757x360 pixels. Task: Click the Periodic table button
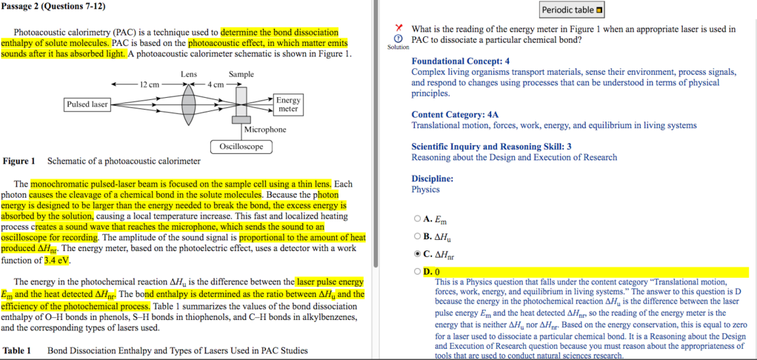pos(573,10)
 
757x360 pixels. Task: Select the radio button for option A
pos(418,219)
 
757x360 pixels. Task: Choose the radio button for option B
pos(418,236)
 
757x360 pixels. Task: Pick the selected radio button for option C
pos(418,254)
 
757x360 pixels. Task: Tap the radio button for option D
pos(418,272)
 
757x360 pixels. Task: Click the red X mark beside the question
pos(398,28)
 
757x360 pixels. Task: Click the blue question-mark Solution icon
pos(398,39)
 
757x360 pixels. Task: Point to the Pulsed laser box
pos(88,104)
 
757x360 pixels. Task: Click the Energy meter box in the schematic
pos(288,104)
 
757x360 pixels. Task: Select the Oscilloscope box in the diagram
pos(241,147)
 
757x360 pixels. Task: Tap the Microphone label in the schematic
pos(264,130)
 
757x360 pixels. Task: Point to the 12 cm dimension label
pos(150,84)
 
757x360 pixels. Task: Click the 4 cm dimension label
pos(215,84)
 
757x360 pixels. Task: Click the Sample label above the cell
pos(241,74)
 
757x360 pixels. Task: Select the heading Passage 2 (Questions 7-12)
pos(53,7)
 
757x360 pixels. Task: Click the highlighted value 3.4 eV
pos(57,261)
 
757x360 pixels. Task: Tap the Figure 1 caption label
pos(19,161)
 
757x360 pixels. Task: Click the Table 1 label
pos(17,350)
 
